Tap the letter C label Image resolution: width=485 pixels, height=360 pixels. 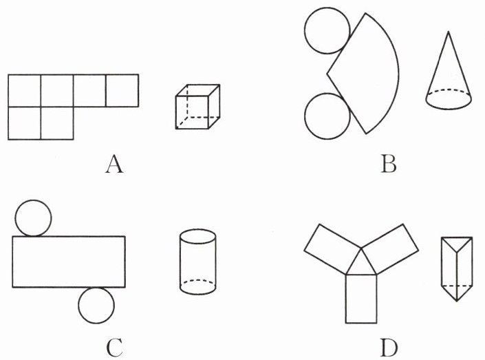114,348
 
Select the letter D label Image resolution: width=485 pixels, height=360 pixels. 389,348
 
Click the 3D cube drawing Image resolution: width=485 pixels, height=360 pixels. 197,107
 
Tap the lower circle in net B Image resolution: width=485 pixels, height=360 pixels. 327,115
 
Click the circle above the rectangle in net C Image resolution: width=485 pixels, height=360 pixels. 32,217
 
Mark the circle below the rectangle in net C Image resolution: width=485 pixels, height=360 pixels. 96,306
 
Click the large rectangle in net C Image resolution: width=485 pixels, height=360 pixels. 69,261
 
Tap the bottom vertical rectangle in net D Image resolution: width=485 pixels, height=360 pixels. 362,297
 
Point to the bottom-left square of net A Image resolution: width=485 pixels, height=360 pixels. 25,123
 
